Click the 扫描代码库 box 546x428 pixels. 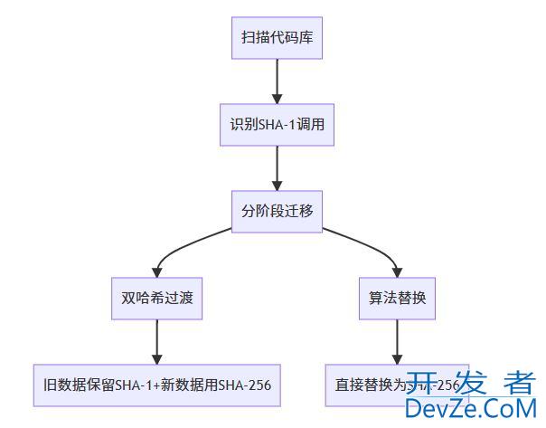click(277, 39)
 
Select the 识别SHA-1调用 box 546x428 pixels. click(277, 125)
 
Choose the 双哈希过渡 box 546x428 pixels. click(157, 298)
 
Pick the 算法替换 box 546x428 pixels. click(397, 298)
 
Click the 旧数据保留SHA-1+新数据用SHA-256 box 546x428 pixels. click(156, 385)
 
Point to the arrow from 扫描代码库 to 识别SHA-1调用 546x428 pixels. click(277, 82)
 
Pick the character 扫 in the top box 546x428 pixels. click(248, 39)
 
